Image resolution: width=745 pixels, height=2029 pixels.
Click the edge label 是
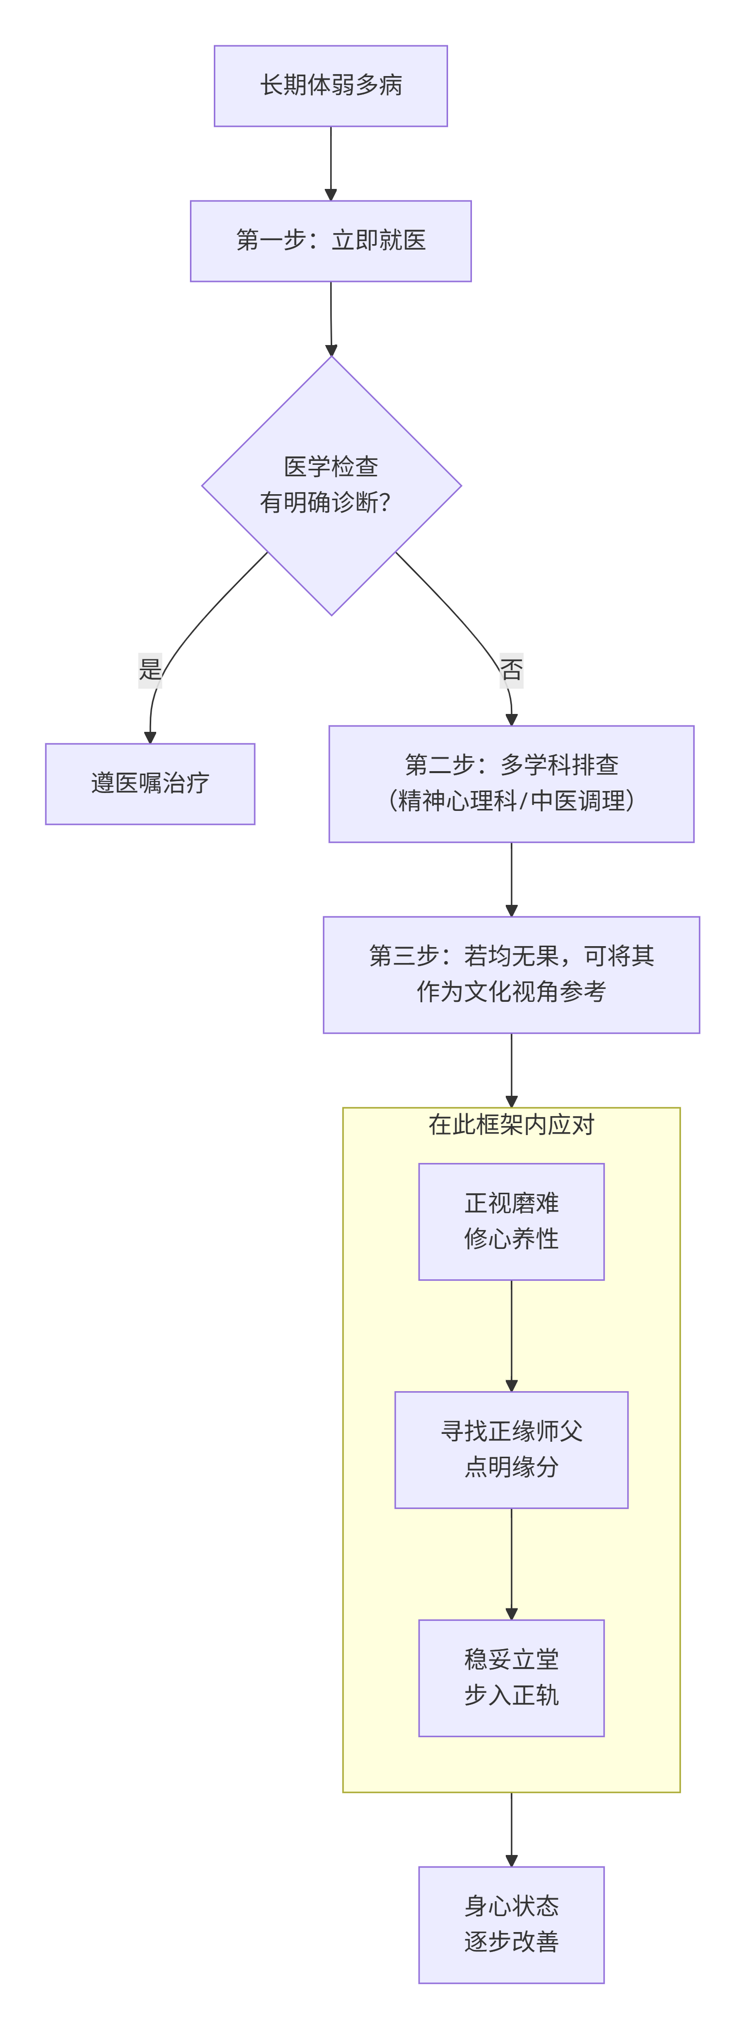[150, 670]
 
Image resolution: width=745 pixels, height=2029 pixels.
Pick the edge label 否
[511, 670]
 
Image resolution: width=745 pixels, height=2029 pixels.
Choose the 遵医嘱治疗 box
[150, 784]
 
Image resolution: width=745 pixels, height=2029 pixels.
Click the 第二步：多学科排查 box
[511, 765]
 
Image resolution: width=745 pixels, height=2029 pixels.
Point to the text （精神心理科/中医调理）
[511, 801]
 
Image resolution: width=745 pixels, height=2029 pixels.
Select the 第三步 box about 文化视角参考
[511, 974]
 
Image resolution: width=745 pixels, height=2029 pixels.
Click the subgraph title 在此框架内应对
[511, 1125]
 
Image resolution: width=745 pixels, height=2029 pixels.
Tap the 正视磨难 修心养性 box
[511, 1221]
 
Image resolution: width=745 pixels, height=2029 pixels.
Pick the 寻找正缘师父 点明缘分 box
[511, 1449]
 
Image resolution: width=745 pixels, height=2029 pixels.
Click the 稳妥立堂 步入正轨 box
[511, 1677]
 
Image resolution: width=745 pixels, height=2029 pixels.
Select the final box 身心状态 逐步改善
[511, 1924]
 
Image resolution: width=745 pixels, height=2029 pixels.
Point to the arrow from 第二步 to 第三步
[511, 878]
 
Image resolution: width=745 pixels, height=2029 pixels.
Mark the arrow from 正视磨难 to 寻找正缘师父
[511, 1335]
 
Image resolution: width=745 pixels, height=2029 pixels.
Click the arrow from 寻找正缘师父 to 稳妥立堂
[511, 1564]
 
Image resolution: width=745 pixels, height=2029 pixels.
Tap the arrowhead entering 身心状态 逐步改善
[511, 1860]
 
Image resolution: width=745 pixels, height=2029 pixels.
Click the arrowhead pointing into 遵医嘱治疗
[150, 738]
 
